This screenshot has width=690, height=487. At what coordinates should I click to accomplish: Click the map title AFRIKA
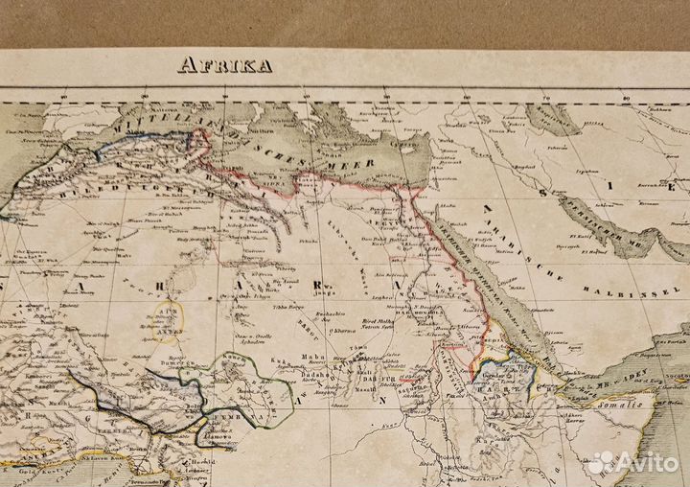point(224,66)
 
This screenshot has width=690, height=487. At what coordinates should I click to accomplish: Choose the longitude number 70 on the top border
point(546,97)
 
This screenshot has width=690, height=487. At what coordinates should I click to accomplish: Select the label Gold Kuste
point(27,448)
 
